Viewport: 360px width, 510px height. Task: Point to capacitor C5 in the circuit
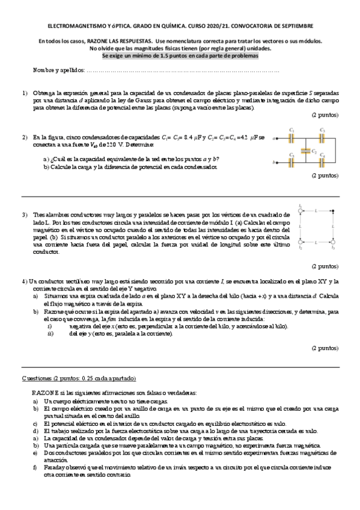(291, 162)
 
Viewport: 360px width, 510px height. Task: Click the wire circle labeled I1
(300, 211)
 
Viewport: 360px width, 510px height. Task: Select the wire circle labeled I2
(300, 241)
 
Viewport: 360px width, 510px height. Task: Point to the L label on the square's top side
(316, 209)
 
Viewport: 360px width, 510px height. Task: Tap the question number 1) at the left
(25, 94)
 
